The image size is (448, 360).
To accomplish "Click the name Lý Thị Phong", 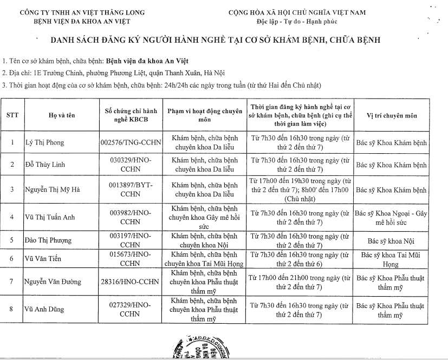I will [45, 143].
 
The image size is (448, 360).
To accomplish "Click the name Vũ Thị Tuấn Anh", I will [49, 218].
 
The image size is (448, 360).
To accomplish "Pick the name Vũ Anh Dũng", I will [44, 310].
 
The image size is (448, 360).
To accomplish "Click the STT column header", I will [12, 115].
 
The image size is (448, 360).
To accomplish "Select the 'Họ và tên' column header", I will [61, 115].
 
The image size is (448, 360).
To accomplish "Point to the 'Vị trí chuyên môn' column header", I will [392, 115].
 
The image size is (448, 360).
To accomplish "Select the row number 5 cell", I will [12, 240].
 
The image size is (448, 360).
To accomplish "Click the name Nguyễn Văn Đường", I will [51, 282].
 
